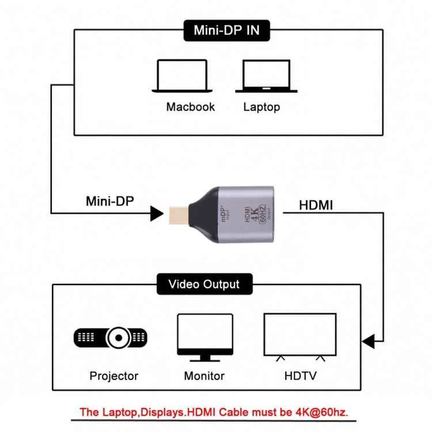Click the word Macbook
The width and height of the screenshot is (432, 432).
[190, 107]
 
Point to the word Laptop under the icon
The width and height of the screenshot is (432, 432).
[262, 107]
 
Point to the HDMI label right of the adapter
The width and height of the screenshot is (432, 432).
[316, 205]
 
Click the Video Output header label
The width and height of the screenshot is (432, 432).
[204, 284]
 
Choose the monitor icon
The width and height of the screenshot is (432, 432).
[204, 337]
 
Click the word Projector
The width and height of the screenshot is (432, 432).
[114, 376]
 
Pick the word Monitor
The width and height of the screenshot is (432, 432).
[204, 376]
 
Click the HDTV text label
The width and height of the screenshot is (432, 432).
[301, 376]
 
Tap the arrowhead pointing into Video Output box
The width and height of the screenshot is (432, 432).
[369, 341]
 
